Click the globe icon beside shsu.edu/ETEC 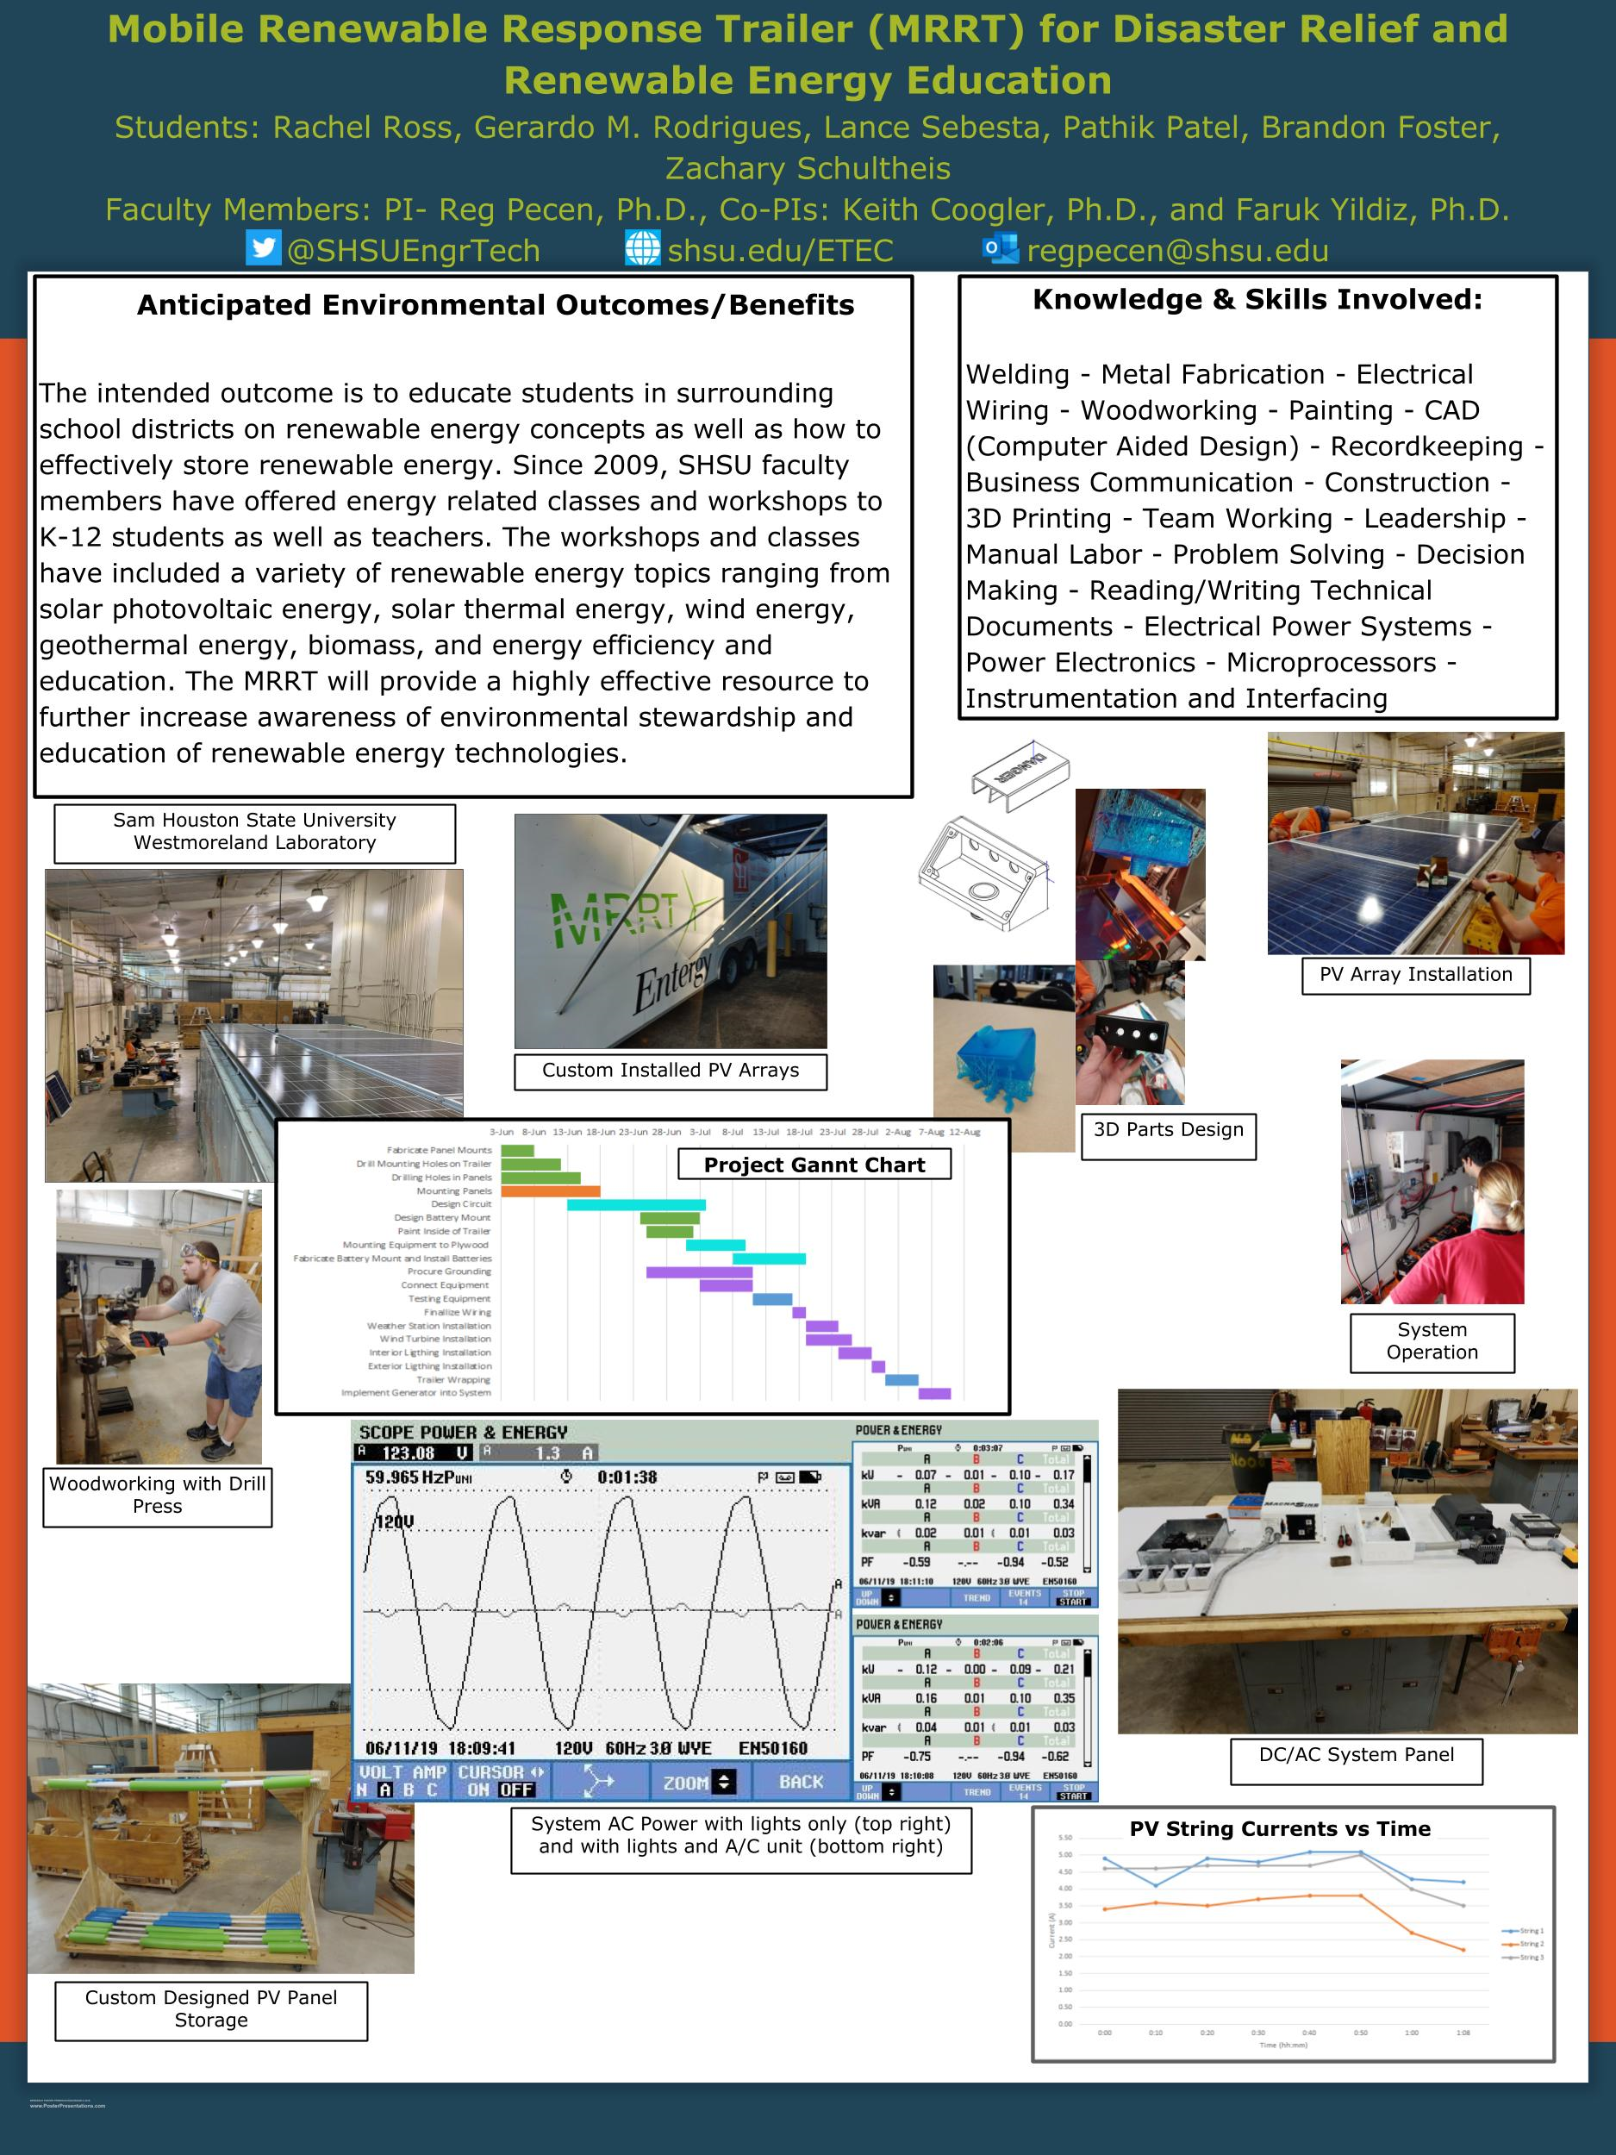coord(642,248)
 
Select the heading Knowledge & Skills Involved coord(1257,300)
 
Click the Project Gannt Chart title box coord(814,1165)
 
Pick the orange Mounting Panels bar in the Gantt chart coord(551,1190)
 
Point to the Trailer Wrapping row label coord(453,1379)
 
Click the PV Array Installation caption coord(1415,974)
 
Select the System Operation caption coord(1432,1341)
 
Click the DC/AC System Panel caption coord(1356,1754)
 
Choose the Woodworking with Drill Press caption coord(157,1495)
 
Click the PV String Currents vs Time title coord(1280,1828)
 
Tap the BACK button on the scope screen coord(801,1781)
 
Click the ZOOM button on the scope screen coord(697,1782)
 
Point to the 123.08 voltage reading coord(409,1452)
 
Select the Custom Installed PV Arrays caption coord(671,1070)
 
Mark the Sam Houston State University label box coord(254,831)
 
